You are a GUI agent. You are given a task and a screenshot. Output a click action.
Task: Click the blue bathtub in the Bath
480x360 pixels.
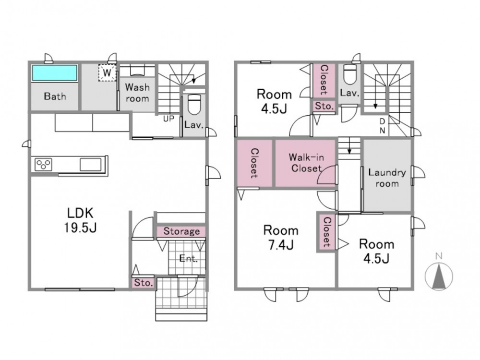pyautogui.click(x=55, y=73)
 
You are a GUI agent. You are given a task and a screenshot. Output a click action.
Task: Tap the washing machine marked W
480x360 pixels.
pyautogui.click(x=107, y=73)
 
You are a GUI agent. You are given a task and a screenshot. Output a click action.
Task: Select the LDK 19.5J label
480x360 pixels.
pyautogui.click(x=80, y=220)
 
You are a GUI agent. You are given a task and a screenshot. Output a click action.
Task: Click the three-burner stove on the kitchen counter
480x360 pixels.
pyautogui.click(x=43, y=164)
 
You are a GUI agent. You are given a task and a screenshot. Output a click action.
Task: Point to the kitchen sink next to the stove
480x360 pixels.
pyautogui.click(x=90, y=164)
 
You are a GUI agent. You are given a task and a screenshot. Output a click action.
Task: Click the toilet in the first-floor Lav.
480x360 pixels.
pyautogui.click(x=193, y=104)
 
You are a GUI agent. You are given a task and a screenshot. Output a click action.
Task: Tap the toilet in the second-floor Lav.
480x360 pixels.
pyautogui.click(x=349, y=73)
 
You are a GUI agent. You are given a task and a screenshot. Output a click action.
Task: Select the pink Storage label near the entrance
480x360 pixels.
pyautogui.click(x=181, y=231)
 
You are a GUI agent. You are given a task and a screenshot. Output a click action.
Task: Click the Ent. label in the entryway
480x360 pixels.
pyautogui.click(x=188, y=259)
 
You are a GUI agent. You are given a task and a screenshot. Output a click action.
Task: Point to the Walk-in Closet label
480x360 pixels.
pyautogui.click(x=306, y=163)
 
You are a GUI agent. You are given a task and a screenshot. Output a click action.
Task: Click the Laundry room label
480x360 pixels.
pyautogui.click(x=387, y=178)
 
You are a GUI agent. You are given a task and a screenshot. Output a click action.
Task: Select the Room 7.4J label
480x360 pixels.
pyautogui.click(x=281, y=237)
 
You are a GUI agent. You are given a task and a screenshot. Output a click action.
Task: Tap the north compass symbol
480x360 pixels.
pyautogui.click(x=439, y=274)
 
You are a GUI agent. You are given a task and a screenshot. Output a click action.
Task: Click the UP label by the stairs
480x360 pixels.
pyautogui.click(x=168, y=119)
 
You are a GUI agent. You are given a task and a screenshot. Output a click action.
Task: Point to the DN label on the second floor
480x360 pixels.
pyautogui.click(x=383, y=126)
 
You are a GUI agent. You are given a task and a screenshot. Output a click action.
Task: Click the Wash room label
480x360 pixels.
pyautogui.click(x=137, y=93)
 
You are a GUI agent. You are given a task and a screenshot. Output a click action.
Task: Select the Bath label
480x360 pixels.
pyautogui.click(x=55, y=96)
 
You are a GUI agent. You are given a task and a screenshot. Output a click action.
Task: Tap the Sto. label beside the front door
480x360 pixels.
pyautogui.click(x=143, y=283)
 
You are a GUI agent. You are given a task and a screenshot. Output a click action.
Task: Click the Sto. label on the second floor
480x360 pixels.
pyautogui.click(x=324, y=106)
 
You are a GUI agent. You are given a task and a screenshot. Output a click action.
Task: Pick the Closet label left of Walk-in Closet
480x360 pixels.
pyautogui.click(x=254, y=163)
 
